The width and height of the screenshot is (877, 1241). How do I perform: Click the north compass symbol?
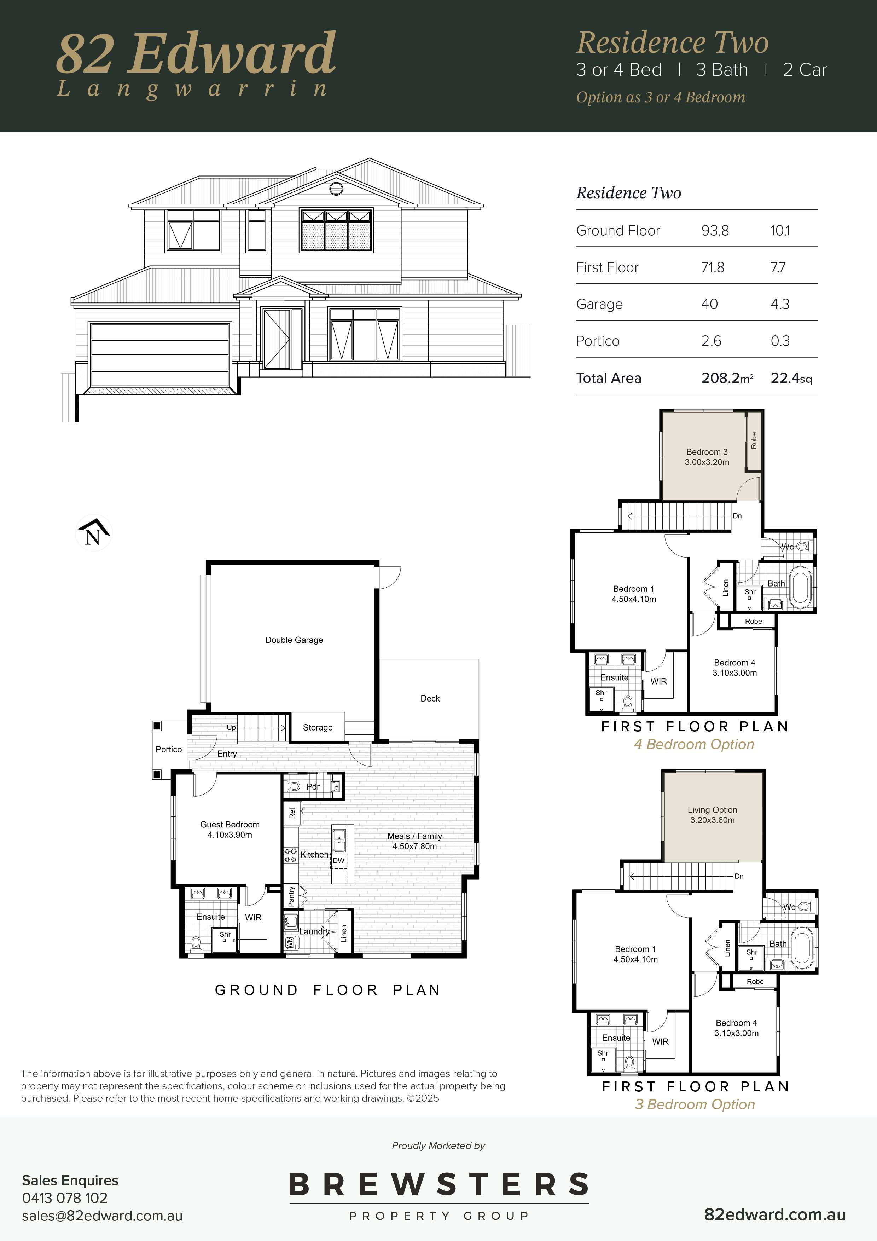pos(93,533)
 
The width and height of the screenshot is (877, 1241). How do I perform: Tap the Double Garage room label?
pos(294,640)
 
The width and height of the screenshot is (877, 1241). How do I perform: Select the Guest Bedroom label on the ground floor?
pos(230,824)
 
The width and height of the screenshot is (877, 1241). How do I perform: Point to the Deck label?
pos(430,698)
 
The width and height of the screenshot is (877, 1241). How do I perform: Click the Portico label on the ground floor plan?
pos(169,749)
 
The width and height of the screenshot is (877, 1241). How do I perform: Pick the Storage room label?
pos(318,728)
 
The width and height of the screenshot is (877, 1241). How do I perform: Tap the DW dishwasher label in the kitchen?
pos(339,860)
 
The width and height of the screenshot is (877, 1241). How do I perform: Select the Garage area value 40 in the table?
pos(709,304)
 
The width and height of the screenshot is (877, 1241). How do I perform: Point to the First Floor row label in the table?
pos(608,267)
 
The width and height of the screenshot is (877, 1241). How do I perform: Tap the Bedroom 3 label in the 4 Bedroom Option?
pos(707,452)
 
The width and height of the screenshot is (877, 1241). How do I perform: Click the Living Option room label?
pos(712,810)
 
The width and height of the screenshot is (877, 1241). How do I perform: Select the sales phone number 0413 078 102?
pos(65,1198)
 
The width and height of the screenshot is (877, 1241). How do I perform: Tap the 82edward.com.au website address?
pos(775,1214)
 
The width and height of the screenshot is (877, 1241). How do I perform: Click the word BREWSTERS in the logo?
pos(439,1185)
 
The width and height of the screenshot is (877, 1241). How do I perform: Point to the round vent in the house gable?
pos(336,189)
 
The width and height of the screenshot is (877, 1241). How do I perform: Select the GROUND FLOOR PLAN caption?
pos(327,990)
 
